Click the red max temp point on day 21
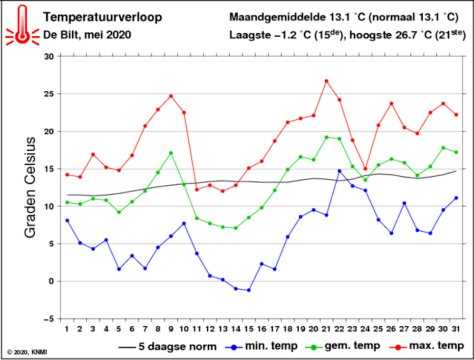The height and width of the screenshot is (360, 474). point(327,81)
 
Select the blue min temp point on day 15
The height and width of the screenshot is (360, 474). point(249,290)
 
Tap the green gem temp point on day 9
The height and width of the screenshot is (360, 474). point(171,153)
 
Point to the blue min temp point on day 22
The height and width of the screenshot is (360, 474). point(339,171)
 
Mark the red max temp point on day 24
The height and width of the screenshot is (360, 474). point(366,169)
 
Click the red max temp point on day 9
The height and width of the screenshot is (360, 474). point(171,96)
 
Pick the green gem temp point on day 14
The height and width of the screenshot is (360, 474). point(236,228)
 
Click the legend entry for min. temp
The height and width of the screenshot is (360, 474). point(265,346)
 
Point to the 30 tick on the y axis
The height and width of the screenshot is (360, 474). point(49,56)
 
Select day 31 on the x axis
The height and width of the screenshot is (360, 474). point(456,329)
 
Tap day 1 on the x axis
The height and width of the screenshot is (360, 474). point(67,329)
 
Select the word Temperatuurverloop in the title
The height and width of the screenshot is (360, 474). point(102,18)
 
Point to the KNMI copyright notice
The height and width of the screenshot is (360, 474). point(28,352)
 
